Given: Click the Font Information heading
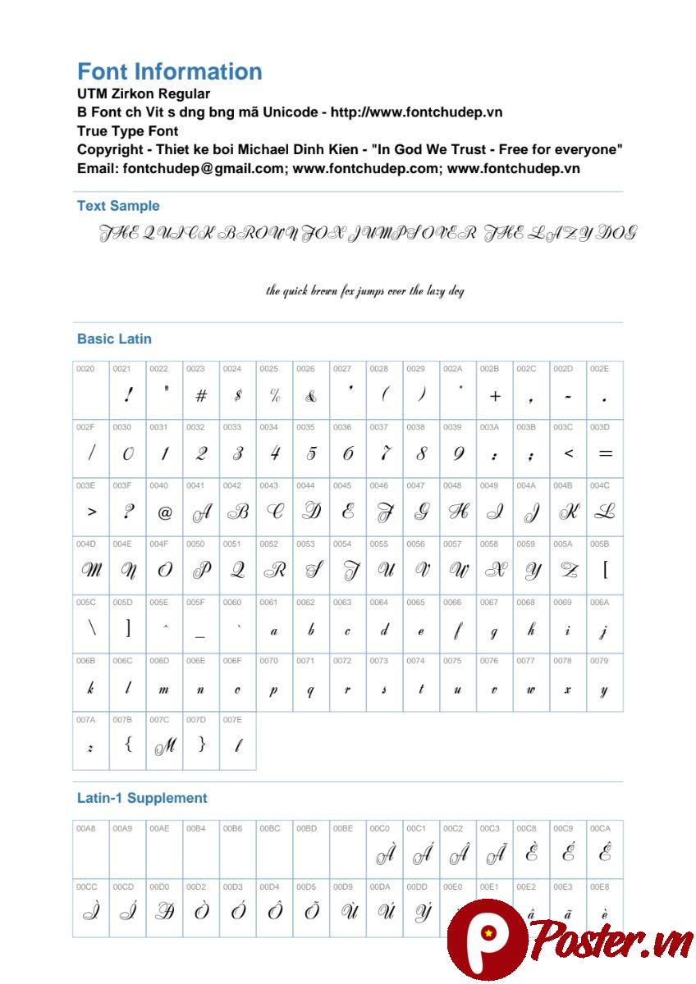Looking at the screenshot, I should pos(169,71).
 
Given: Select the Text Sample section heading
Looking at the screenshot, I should pos(118,206).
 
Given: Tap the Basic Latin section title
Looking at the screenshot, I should pos(114,339).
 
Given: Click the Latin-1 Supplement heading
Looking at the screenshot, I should pos(142,798).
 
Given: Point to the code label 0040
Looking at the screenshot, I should pos(158,485).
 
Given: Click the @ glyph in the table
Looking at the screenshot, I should pos(164,512).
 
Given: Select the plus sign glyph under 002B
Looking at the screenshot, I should pos(495,396).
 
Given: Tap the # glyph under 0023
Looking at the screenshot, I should pos(201,396).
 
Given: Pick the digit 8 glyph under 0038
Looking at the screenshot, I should pos(421,453).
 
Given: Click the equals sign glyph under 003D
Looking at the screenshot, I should pos(605,453).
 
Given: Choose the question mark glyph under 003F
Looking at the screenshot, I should pos(128,512).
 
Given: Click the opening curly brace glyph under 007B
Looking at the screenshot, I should pos(128,745).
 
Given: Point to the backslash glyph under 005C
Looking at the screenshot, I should pos(91,629).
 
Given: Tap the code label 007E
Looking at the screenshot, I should pos(232,720).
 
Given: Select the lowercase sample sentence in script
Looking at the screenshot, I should pos(364,290).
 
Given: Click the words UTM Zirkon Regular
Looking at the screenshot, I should pos(144,93).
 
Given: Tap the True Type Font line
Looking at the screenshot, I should pos(127,131).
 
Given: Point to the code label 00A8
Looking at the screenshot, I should pos(85,828).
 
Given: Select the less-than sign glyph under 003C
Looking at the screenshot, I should pos(568,453).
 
